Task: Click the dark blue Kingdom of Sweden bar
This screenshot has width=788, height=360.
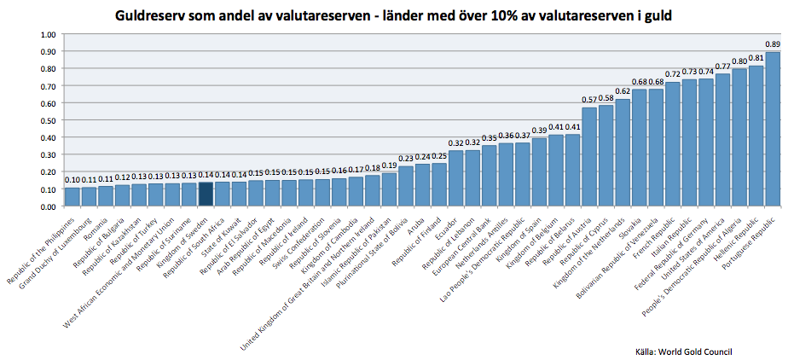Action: pyautogui.click(x=206, y=194)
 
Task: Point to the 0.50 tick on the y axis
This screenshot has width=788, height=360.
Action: pyautogui.click(x=48, y=120)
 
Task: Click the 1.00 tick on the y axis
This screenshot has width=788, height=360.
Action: pyautogui.click(x=48, y=34)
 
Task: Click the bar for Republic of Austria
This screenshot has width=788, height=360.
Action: pyautogui.click(x=589, y=157)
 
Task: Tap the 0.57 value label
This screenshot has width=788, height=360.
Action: pyautogui.click(x=589, y=100)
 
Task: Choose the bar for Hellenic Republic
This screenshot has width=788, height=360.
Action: pyautogui.click(x=756, y=136)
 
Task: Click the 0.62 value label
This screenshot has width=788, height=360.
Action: pyautogui.click(x=623, y=91)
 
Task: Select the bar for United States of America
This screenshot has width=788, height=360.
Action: pyautogui.click(x=723, y=140)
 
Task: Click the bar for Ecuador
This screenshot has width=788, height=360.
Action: pyautogui.click(x=456, y=178)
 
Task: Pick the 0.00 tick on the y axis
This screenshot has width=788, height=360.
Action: pyautogui.click(x=48, y=206)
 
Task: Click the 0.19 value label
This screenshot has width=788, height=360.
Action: pyautogui.click(x=389, y=165)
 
